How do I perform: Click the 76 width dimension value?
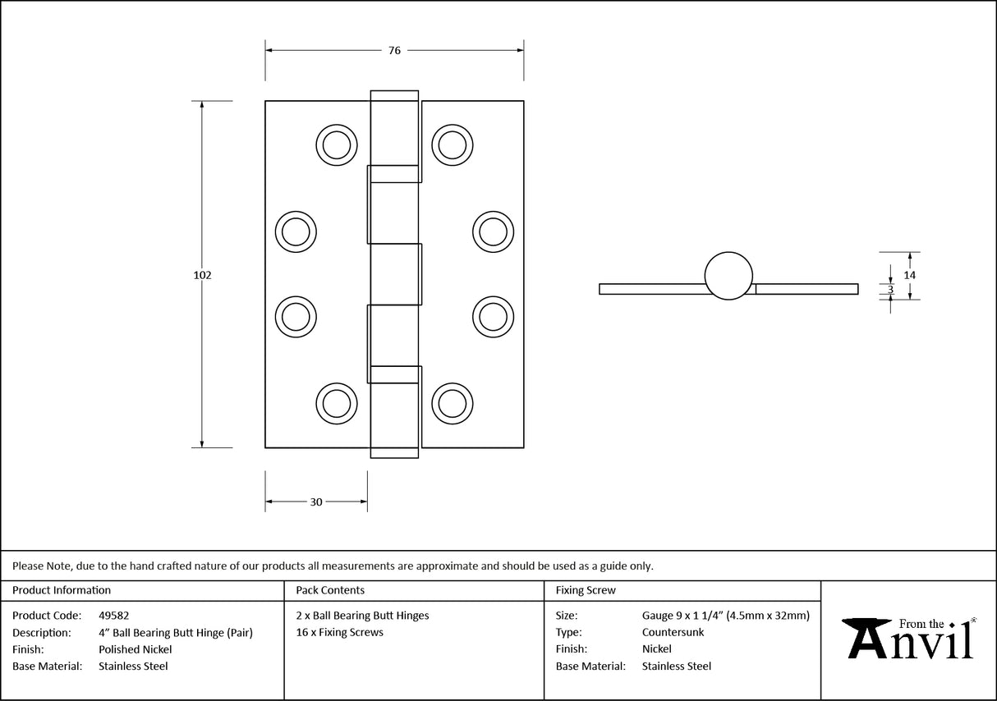click(394, 51)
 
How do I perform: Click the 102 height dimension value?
click(202, 275)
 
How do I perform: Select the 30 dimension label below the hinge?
click(316, 502)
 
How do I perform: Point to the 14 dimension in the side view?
click(909, 275)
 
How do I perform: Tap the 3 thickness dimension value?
click(890, 289)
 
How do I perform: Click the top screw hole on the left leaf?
click(336, 145)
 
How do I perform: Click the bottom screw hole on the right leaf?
click(452, 403)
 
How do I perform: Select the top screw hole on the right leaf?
click(452, 145)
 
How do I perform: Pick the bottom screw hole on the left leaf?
click(336, 403)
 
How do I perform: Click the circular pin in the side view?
click(728, 275)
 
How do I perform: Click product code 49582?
click(113, 616)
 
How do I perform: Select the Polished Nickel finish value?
click(136, 649)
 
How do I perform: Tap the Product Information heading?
click(62, 590)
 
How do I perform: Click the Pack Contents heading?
click(330, 590)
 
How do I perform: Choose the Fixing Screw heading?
click(586, 590)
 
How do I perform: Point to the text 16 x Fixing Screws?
click(340, 632)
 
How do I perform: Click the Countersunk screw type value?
click(673, 632)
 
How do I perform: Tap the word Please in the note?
click(28, 566)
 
